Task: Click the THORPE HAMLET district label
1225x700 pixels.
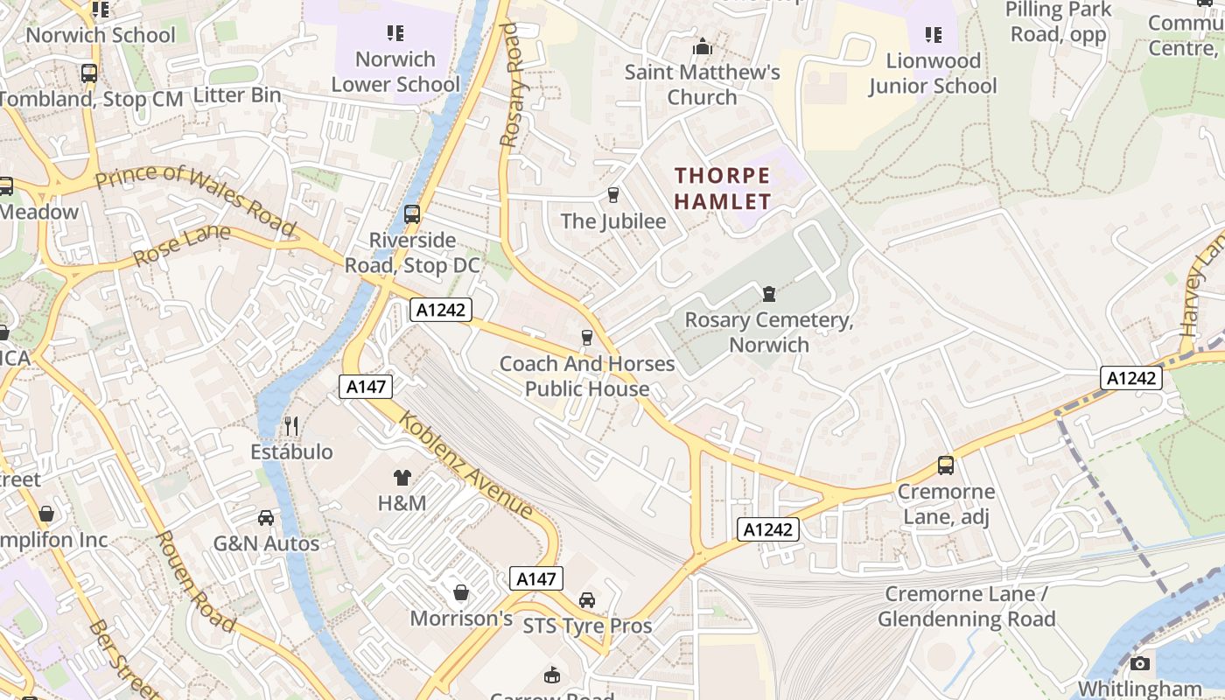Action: tap(723, 188)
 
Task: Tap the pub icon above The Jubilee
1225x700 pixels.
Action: tap(613, 194)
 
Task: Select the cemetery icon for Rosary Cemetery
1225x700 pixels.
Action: tap(769, 294)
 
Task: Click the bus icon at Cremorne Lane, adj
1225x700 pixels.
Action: tap(946, 465)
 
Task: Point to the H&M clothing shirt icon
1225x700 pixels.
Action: tap(402, 477)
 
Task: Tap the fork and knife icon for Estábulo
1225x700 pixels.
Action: tap(291, 426)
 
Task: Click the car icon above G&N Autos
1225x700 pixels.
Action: tap(266, 517)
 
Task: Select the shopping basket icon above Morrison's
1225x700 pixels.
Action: tap(461, 592)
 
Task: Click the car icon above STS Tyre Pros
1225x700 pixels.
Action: tap(587, 599)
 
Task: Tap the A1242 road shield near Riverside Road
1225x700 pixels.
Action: tap(441, 310)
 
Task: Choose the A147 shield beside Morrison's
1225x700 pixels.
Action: tap(535, 578)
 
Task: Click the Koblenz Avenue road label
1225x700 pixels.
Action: tap(466, 464)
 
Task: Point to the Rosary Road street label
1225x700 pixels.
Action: tap(510, 85)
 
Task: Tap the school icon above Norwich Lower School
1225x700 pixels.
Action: tap(395, 33)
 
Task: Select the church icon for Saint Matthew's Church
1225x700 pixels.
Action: tap(702, 46)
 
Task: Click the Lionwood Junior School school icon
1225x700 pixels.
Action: tap(934, 35)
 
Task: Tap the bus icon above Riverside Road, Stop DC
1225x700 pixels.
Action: tap(412, 213)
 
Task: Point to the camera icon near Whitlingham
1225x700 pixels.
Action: tap(1139, 663)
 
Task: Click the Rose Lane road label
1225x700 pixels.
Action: tap(182, 245)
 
